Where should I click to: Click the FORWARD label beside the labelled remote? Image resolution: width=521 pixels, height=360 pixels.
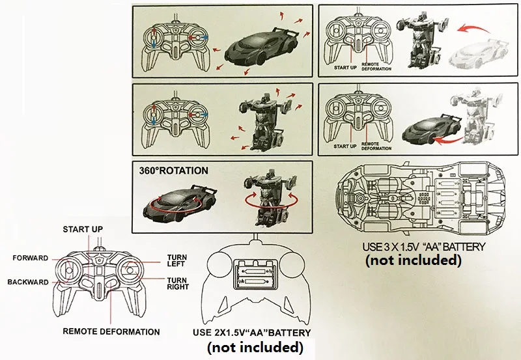[30, 258]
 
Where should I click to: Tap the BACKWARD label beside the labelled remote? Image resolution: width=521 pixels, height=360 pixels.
[28, 283]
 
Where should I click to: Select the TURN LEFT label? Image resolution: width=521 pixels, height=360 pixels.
[177, 261]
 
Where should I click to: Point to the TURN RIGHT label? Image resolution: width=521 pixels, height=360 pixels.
[178, 283]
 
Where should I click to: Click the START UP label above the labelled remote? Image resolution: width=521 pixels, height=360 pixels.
[83, 230]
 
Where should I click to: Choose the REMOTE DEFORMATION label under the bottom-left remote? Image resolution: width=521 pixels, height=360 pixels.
[111, 331]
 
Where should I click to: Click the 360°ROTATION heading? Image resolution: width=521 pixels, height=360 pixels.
[173, 171]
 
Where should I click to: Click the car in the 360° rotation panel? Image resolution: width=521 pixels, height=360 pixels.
[176, 202]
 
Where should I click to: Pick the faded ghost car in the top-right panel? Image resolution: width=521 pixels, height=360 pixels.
[482, 57]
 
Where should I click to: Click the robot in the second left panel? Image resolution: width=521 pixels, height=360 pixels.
[259, 120]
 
